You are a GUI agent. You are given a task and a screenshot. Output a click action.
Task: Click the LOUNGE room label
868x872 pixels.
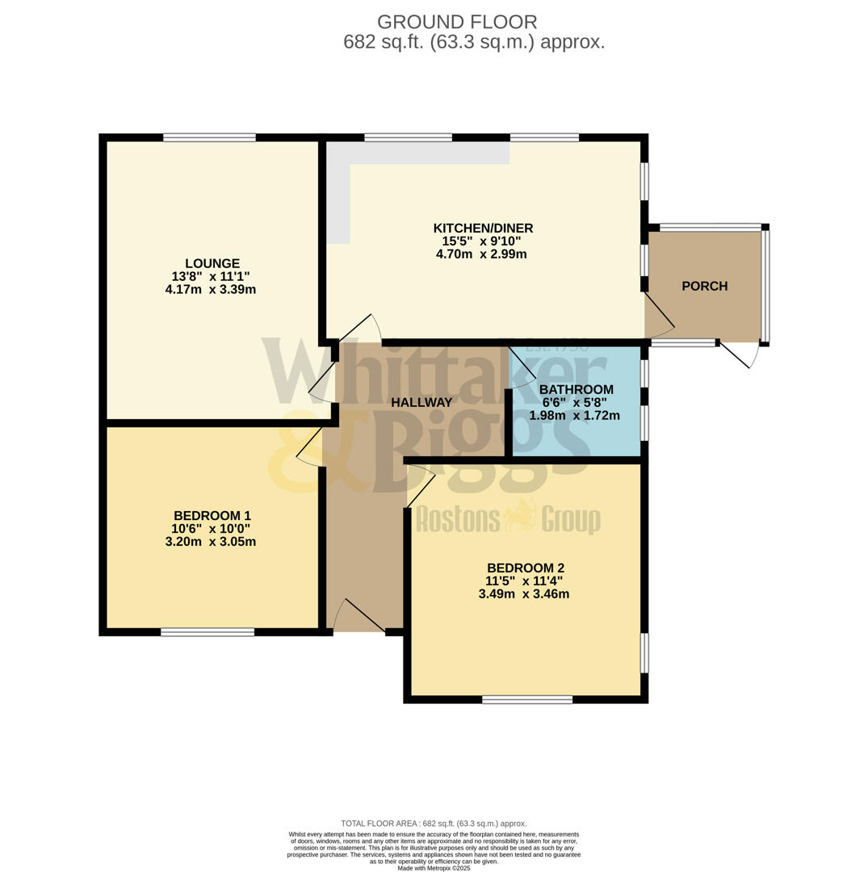212,263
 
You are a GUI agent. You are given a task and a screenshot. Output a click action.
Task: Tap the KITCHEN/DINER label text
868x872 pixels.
483,228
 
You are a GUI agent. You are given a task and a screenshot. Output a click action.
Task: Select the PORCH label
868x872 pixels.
704,286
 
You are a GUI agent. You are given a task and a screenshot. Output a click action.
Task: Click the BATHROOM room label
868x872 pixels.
576,390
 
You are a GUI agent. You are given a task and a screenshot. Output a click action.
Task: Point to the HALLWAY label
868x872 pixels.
421,402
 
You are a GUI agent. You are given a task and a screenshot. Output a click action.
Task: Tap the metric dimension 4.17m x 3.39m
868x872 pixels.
210,289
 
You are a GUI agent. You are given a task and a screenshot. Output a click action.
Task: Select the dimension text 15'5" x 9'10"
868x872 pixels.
481,241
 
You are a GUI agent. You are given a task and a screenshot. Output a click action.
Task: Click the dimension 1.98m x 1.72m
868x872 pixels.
574,416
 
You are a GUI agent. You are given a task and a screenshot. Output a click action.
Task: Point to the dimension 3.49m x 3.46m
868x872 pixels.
523,594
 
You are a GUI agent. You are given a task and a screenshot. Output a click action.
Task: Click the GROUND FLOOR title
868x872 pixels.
457,23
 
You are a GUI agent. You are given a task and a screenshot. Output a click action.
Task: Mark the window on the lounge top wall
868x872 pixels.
209,137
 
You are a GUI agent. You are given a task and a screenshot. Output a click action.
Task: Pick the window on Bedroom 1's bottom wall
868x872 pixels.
208,632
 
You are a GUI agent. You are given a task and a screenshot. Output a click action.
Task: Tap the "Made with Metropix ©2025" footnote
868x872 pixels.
434,868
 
